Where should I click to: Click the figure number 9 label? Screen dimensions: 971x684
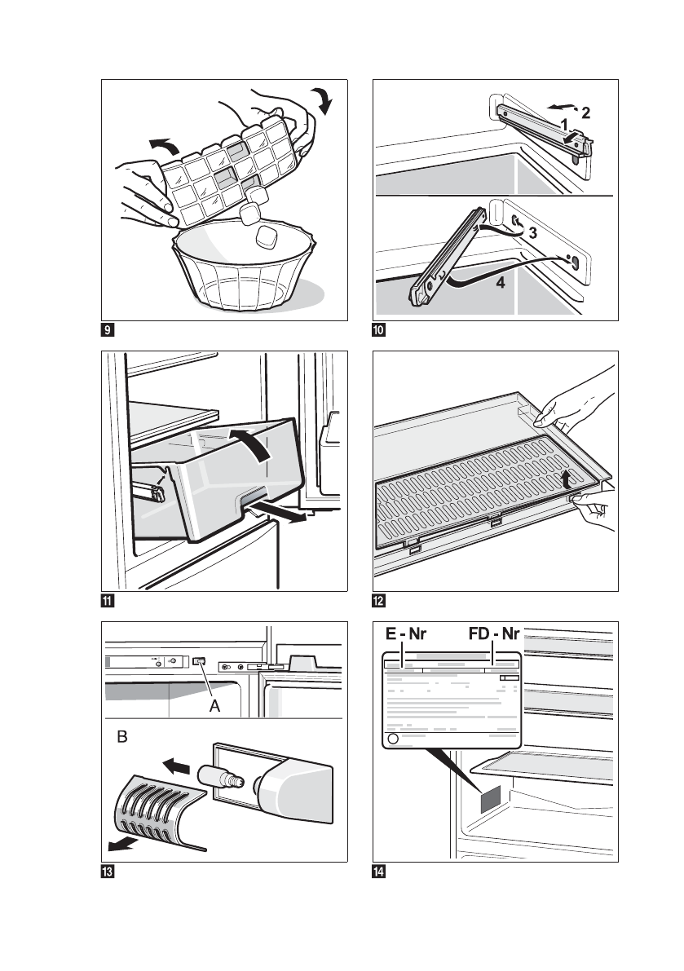coord(107,331)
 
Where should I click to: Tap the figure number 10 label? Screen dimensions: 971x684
coord(378,331)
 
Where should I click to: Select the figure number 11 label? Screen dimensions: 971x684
coord(107,602)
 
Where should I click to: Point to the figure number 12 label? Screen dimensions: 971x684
coord(378,602)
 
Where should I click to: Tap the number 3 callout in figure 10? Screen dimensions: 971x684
coord(532,233)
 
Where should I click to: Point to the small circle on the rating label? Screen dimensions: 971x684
coord(392,739)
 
